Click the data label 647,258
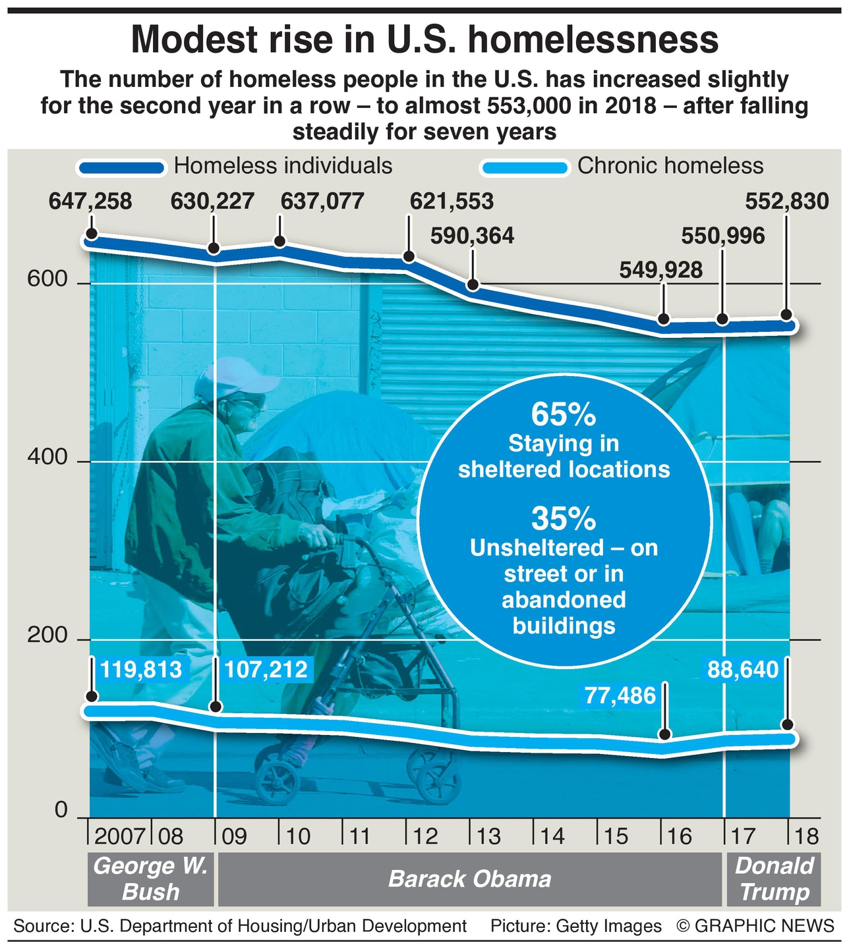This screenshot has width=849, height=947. [x=90, y=201]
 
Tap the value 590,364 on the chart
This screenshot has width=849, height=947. [x=472, y=236]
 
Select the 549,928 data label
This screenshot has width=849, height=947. [x=661, y=270]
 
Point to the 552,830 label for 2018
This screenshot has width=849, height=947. [x=786, y=201]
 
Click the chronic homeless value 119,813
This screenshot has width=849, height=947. [x=140, y=670]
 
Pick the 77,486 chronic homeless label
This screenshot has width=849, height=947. [x=620, y=695]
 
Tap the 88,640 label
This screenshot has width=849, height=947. [x=743, y=670]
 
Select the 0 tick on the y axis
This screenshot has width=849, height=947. [x=61, y=810]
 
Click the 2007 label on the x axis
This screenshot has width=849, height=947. [x=119, y=836]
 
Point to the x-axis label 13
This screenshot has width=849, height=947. [x=488, y=836]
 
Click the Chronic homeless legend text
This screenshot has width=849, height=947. [x=670, y=166]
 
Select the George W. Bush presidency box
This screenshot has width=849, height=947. [x=151, y=879]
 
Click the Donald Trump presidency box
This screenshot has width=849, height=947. [x=774, y=879]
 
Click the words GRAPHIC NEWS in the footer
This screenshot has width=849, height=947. [x=765, y=926]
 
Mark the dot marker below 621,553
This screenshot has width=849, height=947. [x=409, y=256]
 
